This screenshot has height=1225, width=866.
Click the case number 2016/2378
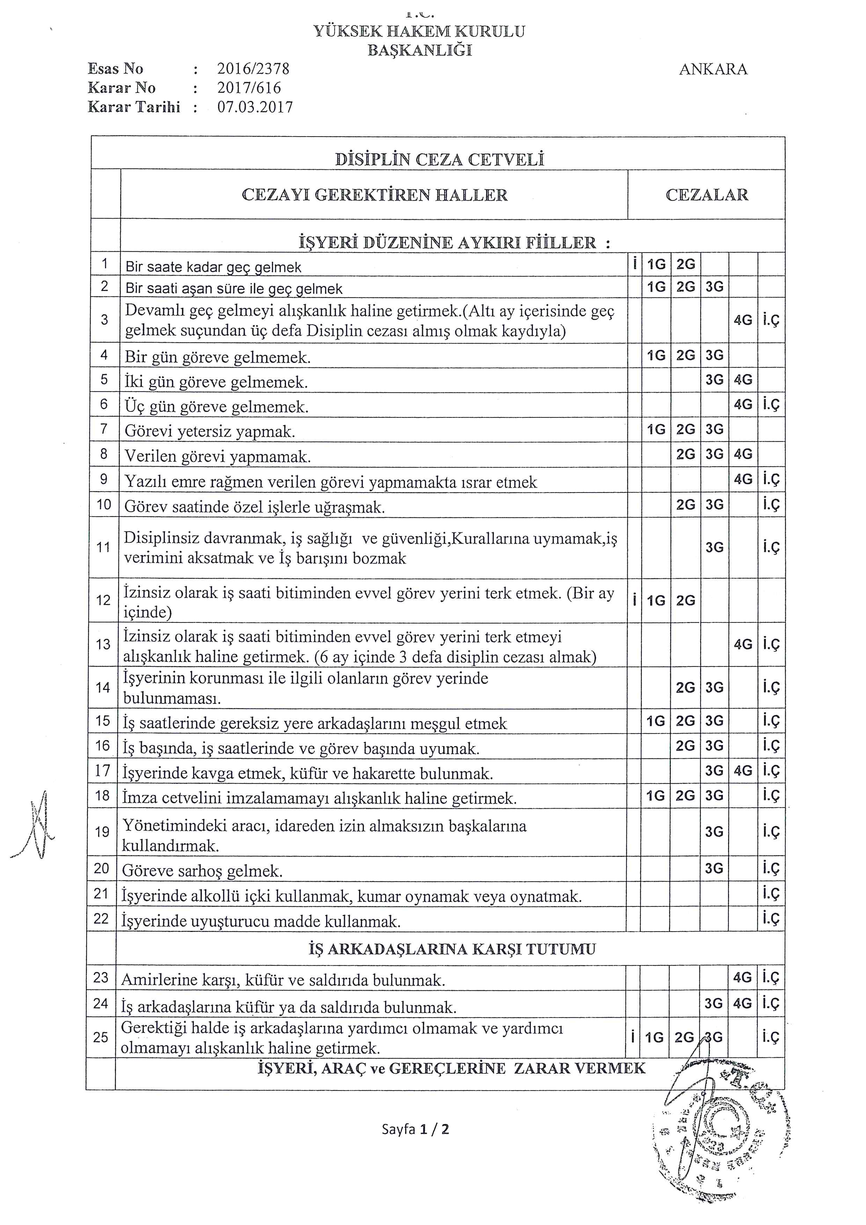(x=253, y=69)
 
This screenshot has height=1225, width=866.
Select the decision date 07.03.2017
(x=255, y=107)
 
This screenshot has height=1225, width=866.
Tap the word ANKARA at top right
(x=713, y=70)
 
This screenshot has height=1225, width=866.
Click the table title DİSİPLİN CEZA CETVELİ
(x=439, y=160)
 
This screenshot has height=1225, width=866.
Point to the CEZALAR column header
(x=706, y=195)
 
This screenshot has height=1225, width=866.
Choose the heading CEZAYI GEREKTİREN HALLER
(x=374, y=195)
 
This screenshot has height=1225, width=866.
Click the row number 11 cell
(x=103, y=547)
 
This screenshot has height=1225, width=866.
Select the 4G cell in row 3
(x=743, y=320)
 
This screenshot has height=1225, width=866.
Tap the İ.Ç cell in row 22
(x=771, y=919)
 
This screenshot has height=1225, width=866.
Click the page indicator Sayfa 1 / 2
(x=416, y=1129)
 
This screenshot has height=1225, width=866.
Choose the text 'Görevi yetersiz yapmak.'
(x=210, y=432)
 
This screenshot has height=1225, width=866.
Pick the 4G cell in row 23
(x=742, y=977)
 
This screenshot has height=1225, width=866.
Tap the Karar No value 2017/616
(x=249, y=88)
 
